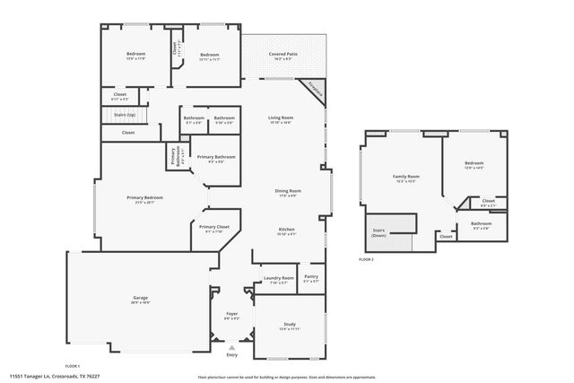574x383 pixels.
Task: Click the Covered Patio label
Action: pos(284,55)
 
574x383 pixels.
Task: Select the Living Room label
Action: pos(281,118)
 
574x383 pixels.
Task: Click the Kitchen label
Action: pos(286,229)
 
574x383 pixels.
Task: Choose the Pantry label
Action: pos(310,276)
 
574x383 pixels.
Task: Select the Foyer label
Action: pos(230,315)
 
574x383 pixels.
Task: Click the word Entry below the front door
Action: pos(231,355)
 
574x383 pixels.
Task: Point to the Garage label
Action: pos(141,297)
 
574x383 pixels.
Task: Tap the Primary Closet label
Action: pos(213,227)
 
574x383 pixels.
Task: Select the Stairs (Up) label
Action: pos(125,115)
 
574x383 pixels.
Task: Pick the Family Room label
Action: pos(406,177)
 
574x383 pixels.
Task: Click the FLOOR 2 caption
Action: pos(365,258)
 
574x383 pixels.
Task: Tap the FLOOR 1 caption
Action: pos(72,366)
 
